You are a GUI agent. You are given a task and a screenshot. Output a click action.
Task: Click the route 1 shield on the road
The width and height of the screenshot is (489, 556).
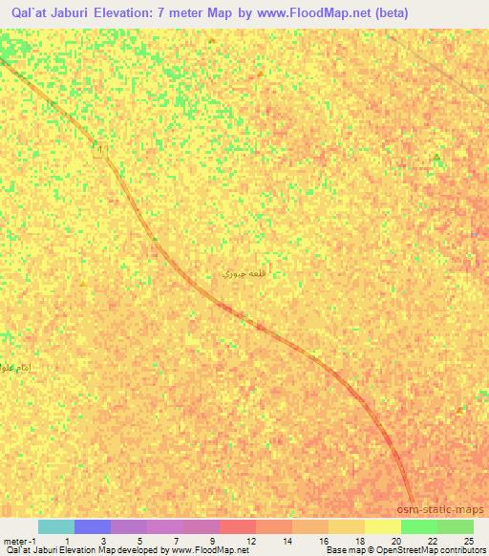[x=102, y=152]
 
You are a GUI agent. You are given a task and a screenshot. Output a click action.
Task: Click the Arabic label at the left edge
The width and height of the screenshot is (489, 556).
[x=17, y=368]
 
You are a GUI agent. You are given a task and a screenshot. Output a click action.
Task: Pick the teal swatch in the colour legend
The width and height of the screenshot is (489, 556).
[x=56, y=526]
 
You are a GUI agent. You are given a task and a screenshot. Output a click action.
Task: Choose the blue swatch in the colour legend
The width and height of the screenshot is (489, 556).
[x=93, y=526]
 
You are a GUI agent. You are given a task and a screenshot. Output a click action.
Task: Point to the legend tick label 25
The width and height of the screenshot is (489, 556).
[x=468, y=540]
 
